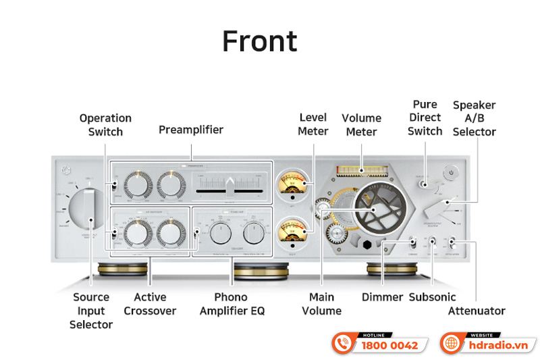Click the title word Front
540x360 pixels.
(259, 42)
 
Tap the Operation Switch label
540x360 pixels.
(105, 125)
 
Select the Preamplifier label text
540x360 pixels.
(191, 129)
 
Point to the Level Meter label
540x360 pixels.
(313, 124)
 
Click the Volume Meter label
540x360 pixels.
(361, 125)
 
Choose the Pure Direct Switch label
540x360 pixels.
(425, 118)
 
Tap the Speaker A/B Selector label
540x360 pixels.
(474, 118)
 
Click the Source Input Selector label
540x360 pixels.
(91, 311)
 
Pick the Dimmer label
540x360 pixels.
(382, 297)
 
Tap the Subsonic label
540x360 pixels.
(432, 297)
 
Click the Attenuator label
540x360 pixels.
(477, 311)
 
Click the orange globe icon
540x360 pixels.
(451, 343)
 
